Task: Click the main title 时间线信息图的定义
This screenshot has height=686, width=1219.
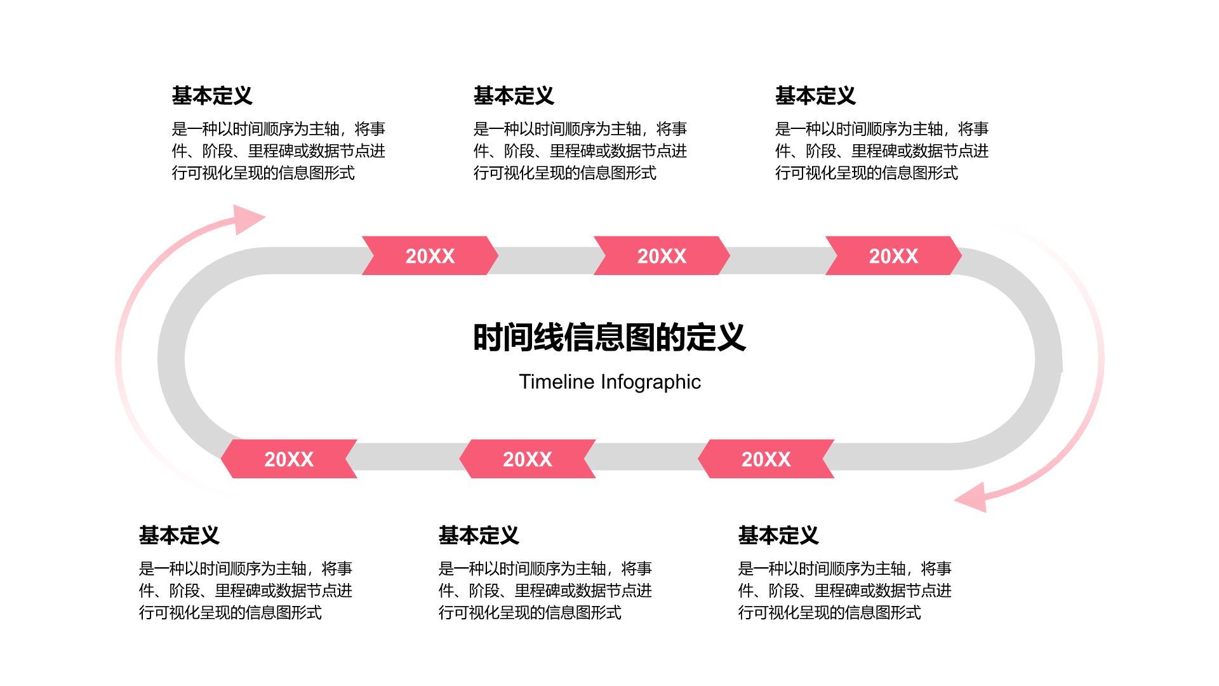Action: pos(609,337)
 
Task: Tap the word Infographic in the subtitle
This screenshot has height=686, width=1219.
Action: pos(651,382)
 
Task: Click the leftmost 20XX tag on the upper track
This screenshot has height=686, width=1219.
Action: pos(430,256)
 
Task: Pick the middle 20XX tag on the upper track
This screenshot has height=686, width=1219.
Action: pos(662,256)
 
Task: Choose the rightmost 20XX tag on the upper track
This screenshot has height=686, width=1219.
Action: pos(893,256)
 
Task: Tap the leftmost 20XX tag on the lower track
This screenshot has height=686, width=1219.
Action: pos(289,459)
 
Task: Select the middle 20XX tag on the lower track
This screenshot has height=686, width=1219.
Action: pos(527,459)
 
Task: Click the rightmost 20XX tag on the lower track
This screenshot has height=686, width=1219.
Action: pos(766,459)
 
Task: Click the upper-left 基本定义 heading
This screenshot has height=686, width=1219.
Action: pos(212,96)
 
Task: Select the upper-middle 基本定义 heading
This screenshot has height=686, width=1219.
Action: pos(514,96)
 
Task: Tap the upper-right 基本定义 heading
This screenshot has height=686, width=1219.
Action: pos(815,96)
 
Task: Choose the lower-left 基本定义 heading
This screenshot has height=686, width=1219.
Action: pos(179,535)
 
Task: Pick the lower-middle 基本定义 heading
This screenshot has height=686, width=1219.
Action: pos(479,535)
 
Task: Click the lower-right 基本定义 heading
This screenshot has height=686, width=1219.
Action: pos(778,535)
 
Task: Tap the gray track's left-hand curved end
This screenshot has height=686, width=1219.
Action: pos(172,359)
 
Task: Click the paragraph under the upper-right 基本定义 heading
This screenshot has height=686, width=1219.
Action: pos(881,151)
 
